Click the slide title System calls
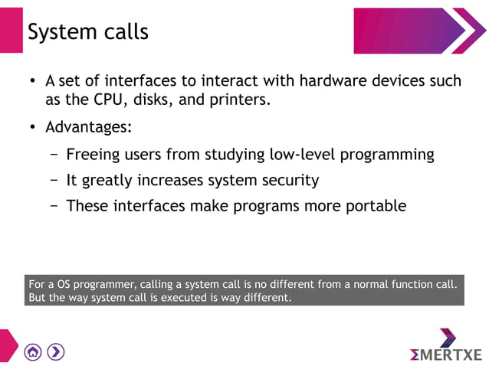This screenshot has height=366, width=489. [88, 32]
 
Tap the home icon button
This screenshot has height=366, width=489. [33, 351]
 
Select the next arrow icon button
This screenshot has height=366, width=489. [56, 351]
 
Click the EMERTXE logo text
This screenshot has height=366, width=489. [446, 355]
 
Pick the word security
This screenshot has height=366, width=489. [288, 181]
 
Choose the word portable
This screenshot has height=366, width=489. [374, 205]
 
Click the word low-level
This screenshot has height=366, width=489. [303, 154]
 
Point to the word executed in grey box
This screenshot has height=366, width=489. [180, 298]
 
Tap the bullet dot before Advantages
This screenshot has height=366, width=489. [33, 127]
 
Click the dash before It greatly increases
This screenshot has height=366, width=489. [54, 181]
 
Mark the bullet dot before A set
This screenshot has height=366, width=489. [33, 81]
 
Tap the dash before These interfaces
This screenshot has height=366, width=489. [54, 205]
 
